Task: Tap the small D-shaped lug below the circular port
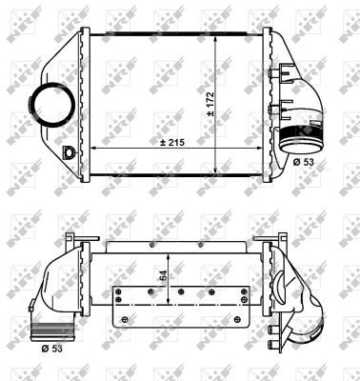[68, 152]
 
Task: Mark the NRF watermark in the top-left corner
[25, 24]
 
